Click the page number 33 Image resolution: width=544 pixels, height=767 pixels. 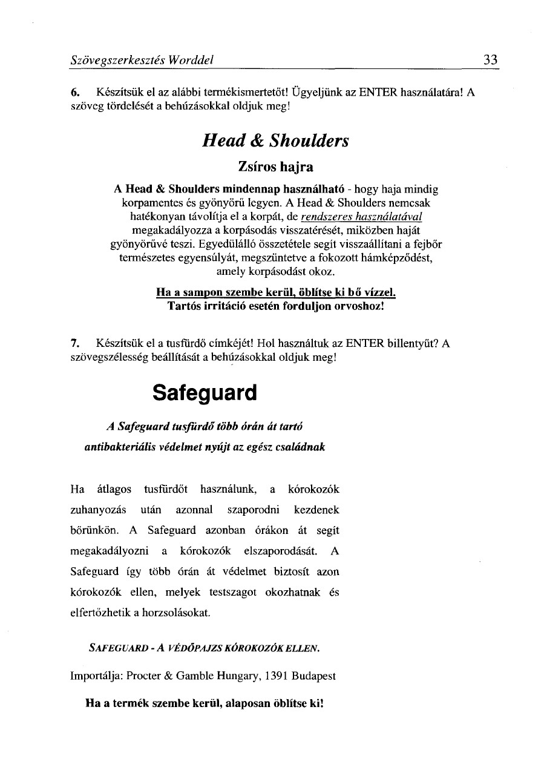[490, 59]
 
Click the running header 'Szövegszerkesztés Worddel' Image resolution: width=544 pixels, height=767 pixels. [142, 60]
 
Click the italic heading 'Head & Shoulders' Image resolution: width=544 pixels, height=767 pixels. [275, 141]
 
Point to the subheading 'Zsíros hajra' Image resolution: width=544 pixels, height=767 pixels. [275, 165]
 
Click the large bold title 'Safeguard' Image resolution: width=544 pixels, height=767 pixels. [205, 392]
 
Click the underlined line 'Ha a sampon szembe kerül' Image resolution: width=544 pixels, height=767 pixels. [275, 292]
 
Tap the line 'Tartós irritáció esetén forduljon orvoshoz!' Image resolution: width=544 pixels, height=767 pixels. [275, 306]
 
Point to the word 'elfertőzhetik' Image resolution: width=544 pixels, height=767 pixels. [100, 613]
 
